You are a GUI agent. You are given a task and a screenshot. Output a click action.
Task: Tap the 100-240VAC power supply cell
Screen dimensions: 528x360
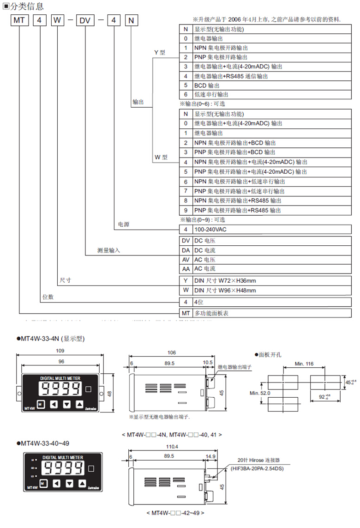point(210,230)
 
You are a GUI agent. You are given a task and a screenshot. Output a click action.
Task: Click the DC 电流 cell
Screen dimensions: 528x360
point(204,250)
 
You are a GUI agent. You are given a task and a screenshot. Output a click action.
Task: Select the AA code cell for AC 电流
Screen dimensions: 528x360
point(186,269)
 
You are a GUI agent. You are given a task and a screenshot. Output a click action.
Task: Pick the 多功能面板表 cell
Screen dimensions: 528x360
point(211,313)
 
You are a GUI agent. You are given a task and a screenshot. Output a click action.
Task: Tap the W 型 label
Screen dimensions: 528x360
point(161,157)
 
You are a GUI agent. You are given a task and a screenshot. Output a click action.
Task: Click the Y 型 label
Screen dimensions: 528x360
point(160,53)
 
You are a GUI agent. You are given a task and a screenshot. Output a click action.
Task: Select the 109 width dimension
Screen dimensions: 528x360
point(60,351)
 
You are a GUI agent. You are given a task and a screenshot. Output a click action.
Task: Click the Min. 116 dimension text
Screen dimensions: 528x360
point(304,364)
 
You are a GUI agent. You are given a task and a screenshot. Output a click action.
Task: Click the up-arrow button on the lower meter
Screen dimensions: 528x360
point(82,484)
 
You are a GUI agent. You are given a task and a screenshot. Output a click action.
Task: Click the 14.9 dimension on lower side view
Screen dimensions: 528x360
point(210,456)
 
